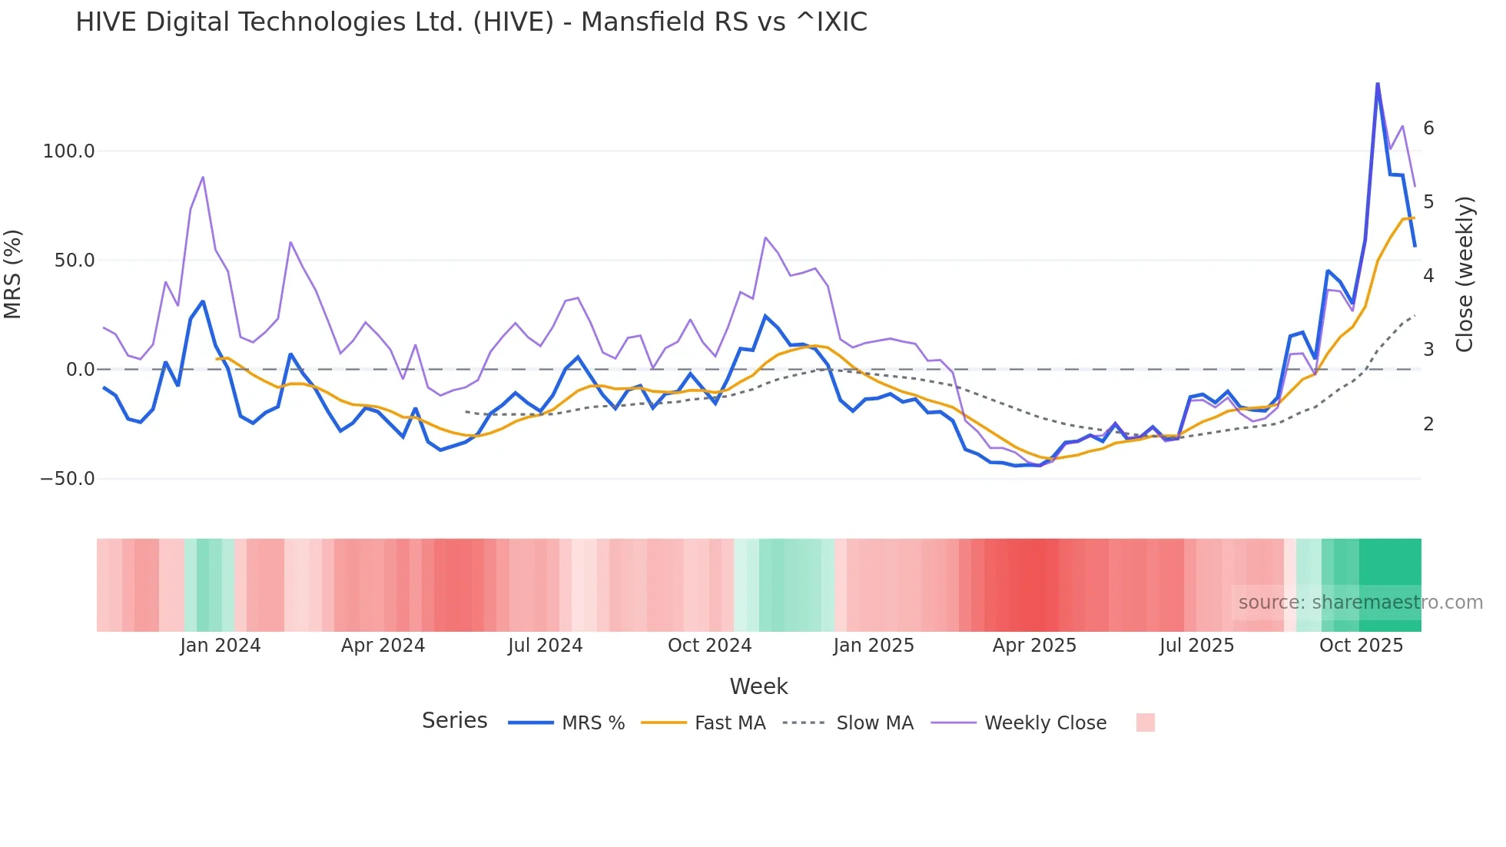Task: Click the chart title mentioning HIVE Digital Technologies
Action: tap(471, 22)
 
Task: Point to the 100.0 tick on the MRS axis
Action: tap(68, 151)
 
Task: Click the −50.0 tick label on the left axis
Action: tap(68, 479)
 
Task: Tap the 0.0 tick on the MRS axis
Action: tap(80, 370)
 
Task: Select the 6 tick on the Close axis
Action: tap(1428, 128)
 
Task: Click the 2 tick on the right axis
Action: tap(1428, 423)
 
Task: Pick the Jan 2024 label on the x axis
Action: tap(221, 646)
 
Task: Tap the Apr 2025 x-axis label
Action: tap(1034, 646)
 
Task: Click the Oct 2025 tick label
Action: tap(1361, 646)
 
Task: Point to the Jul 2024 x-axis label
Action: tap(545, 646)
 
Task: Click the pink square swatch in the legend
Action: tap(1145, 722)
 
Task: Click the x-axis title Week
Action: tap(758, 686)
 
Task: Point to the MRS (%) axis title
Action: tap(13, 274)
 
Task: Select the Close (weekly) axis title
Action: tap(1465, 274)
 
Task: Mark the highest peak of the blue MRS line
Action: tap(1378, 83)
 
